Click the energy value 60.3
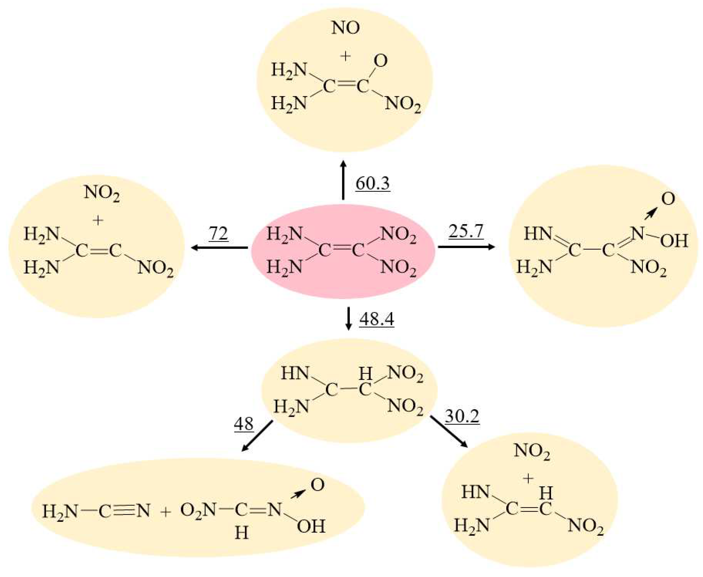point(372,183)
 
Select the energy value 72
point(218,233)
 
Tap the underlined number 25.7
point(466,231)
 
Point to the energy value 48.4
point(376,319)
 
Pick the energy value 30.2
point(462,416)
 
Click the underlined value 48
point(244,424)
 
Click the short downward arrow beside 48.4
point(348,319)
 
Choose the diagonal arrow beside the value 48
point(257,436)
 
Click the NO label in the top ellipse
point(346,28)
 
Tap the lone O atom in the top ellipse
point(380,61)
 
